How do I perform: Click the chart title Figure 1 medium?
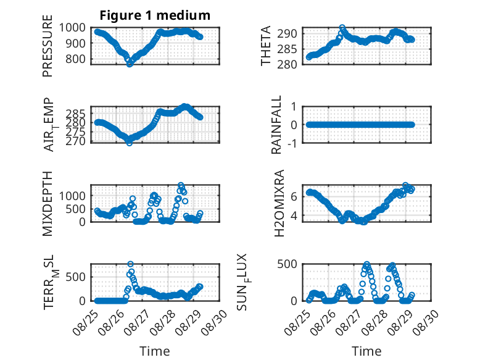click(155, 15)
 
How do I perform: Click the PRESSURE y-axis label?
click(48, 46)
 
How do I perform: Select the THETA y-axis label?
click(266, 46)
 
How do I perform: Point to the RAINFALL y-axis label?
click(276, 125)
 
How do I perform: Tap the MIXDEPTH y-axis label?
click(48, 204)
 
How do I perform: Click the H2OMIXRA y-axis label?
click(279, 203)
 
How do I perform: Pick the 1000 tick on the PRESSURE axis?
click(72, 28)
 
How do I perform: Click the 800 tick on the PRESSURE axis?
click(76, 59)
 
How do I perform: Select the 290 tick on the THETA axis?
click(287, 34)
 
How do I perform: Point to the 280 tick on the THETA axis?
click(287, 64)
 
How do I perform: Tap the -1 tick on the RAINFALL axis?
click(292, 143)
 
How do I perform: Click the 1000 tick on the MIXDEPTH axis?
click(72, 196)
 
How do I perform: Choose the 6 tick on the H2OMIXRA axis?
click(294, 196)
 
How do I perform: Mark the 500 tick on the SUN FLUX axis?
click(287, 264)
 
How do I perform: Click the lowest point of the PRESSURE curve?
click(130, 64)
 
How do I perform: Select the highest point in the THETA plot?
click(342, 28)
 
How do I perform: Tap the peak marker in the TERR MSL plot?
click(130, 264)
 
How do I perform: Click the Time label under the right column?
click(366, 351)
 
